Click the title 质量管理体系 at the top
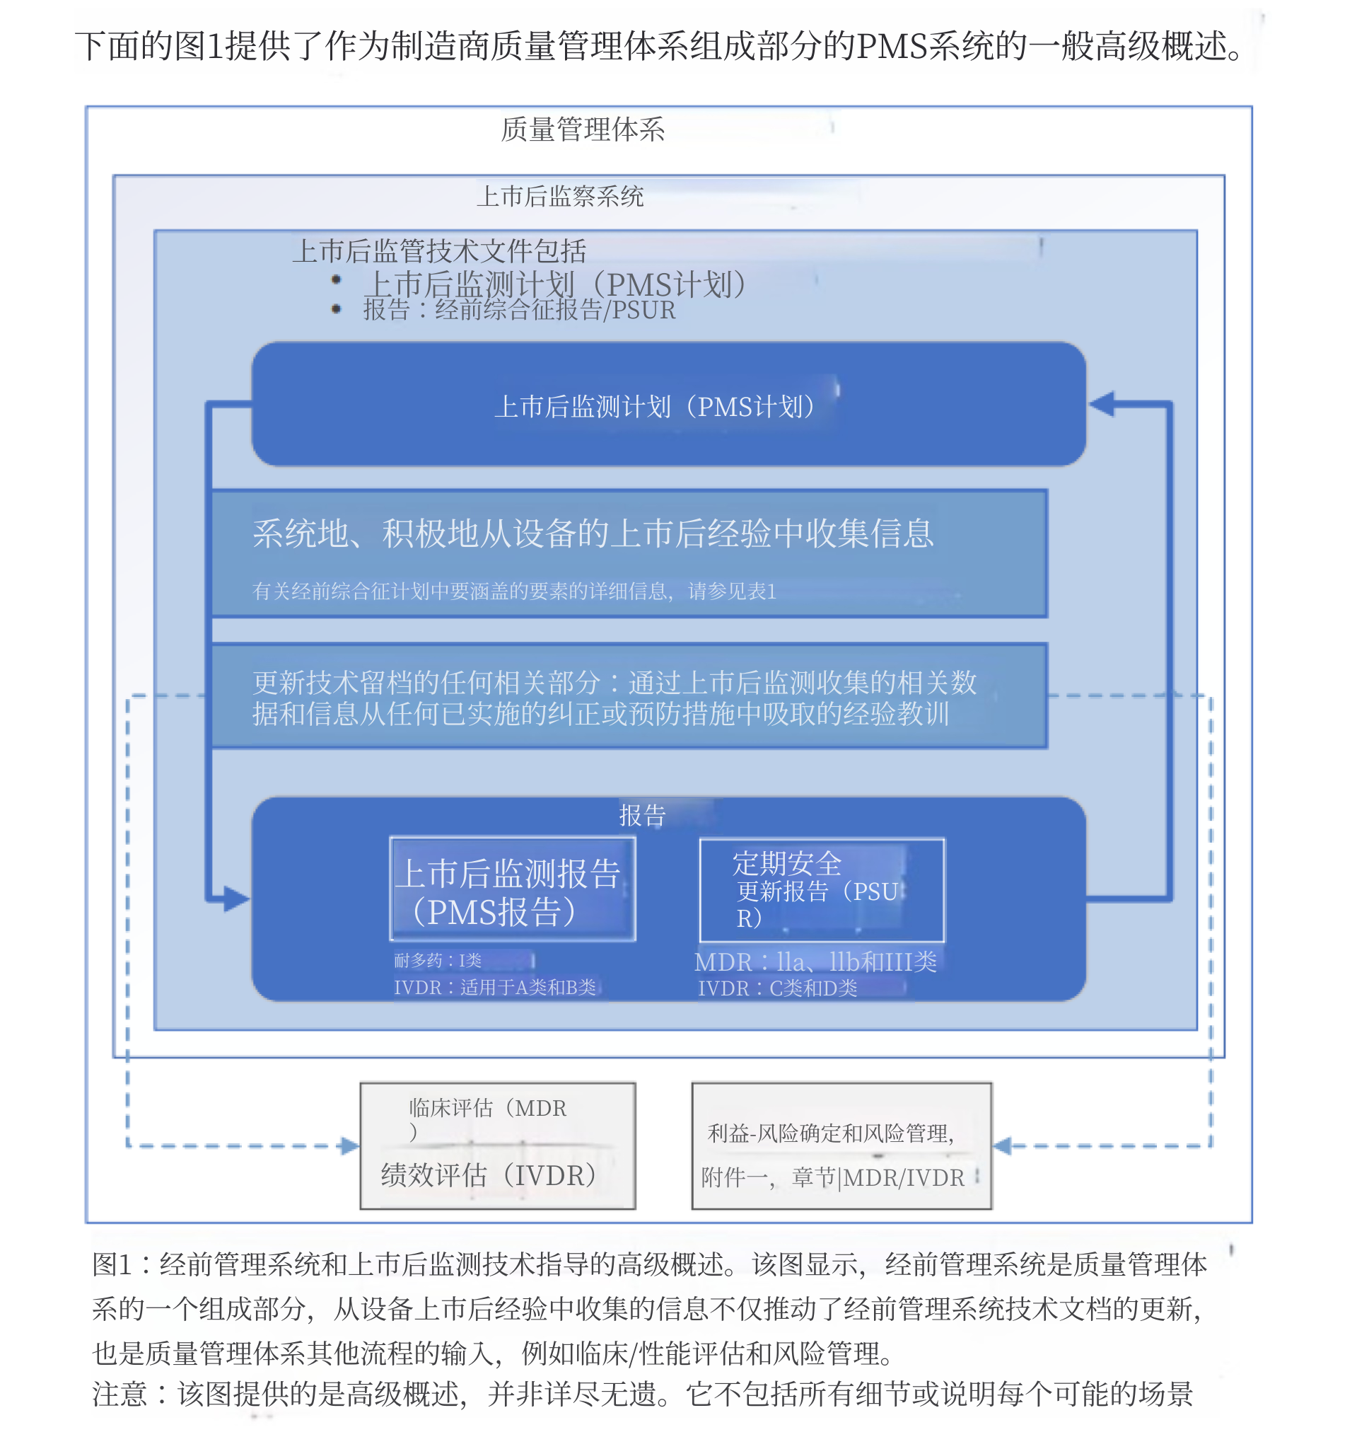click(583, 129)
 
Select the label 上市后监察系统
click(560, 197)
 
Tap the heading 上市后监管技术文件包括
click(438, 251)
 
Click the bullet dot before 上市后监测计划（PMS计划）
click(336, 279)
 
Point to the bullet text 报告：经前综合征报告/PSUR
click(519, 310)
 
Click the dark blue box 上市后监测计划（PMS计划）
click(668, 405)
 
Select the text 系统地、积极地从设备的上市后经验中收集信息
click(593, 533)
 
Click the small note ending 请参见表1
click(514, 591)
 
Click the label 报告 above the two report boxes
click(642, 815)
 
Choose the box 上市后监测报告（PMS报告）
click(512, 890)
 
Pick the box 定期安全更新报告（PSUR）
click(821, 890)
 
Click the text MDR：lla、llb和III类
click(815, 962)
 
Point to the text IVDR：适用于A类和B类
click(495, 988)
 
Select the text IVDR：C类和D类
click(777, 988)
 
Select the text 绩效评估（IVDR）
click(489, 1175)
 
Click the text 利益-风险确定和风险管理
click(830, 1133)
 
